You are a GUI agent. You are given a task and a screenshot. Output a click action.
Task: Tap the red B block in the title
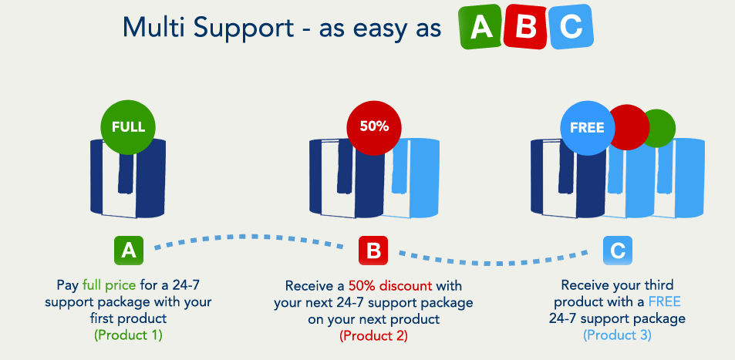click(525, 26)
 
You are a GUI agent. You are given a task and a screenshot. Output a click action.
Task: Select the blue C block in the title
click(571, 27)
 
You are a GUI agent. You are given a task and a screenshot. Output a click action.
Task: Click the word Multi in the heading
click(153, 27)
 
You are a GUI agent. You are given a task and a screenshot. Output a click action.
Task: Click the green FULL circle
click(128, 126)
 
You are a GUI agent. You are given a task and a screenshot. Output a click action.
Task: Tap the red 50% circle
click(374, 126)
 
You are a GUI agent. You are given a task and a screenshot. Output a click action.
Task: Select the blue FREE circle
click(588, 127)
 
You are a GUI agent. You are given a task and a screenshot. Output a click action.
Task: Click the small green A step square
click(129, 251)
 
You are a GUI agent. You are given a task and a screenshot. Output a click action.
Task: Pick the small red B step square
click(373, 251)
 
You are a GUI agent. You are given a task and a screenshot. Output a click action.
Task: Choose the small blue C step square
click(617, 251)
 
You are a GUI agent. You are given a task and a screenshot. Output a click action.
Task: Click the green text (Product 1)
click(129, 335)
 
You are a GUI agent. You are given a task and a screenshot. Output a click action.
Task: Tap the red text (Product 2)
click(373, 335)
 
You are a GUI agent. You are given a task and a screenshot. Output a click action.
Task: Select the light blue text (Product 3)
click(617, 335)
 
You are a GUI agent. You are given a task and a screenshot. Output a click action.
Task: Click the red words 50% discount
click(390, 285)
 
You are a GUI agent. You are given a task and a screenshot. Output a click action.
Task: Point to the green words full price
click(110, 284)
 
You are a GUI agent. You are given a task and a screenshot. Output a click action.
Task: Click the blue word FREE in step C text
click(665, 301)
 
